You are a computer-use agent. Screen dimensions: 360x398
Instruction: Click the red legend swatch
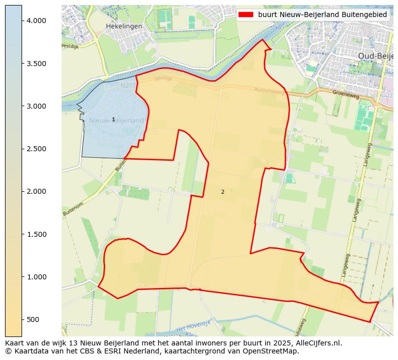[247, 15]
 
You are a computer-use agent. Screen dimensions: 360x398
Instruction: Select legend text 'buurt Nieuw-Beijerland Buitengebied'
[322, 15]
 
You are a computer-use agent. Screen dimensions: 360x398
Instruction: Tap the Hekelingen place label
[124, 26]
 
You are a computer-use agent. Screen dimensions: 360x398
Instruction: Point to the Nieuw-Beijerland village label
[116, 121]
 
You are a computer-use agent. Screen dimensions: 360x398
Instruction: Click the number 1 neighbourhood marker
[113, 119]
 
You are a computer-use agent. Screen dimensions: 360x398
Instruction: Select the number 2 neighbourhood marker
[223, 192]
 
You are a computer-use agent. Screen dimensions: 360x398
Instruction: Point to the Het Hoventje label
[193, 326]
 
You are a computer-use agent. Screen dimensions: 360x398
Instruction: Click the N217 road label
[128, 86]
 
